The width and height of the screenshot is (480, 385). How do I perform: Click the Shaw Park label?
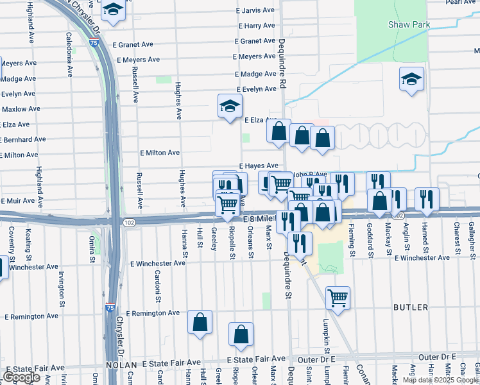click(408, 25)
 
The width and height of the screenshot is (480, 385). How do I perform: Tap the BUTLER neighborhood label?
click(410, 308)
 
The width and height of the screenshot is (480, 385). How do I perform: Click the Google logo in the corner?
click(21, 377)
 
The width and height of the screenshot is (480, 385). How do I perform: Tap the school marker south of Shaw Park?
click(411, 80)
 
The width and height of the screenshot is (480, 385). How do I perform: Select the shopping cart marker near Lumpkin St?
click(338, 297)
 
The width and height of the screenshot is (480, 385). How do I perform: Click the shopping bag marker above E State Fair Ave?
click(241, 334)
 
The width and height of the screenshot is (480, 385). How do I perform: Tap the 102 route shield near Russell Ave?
click(129, 222)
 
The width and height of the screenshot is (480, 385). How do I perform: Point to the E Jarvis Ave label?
click(255, 11)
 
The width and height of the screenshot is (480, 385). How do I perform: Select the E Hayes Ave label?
click(259, 166)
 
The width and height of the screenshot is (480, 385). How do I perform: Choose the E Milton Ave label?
click(160, 153)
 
